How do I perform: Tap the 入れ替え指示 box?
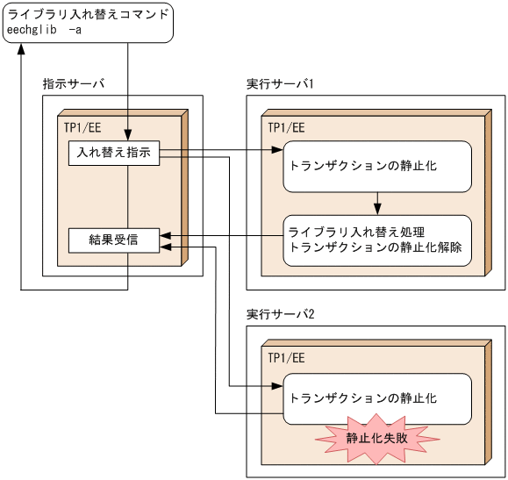pyautogui.click(x=114, y=152)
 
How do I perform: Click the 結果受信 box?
pyautogui.click(x=114, y=240)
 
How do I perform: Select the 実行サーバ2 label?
pyautogui.click(x=281, y=314)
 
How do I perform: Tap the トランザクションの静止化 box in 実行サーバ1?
pyautogui.click(x=376, y=165)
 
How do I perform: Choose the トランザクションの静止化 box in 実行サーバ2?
pyautogui.click(x=376, y=397)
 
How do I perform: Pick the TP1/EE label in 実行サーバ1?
pyautogui.click(x=286, y=126)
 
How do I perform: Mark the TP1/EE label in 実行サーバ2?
pyautogui.click(x=286, y=358)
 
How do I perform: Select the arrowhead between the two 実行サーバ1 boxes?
pyautogui.click(x=376, y=210)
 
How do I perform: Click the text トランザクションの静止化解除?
pyautogui.click(x=376, y=247)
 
